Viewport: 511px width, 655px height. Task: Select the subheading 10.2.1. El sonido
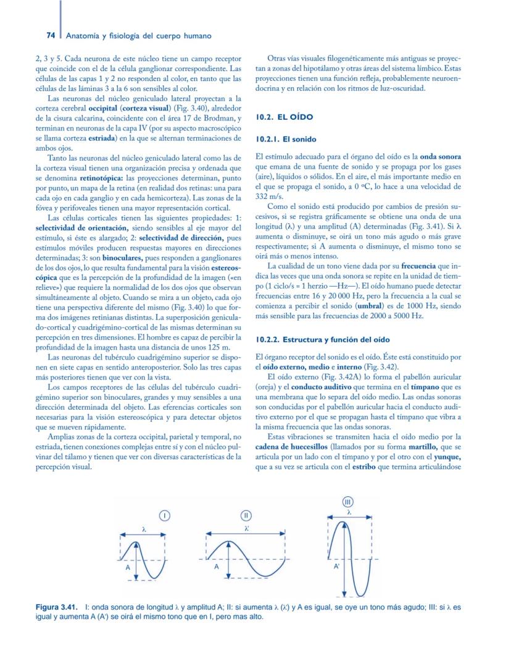coord(286,140)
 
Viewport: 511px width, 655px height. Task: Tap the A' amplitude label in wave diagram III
coord(336,566)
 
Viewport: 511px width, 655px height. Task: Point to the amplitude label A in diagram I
coord(128,567)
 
